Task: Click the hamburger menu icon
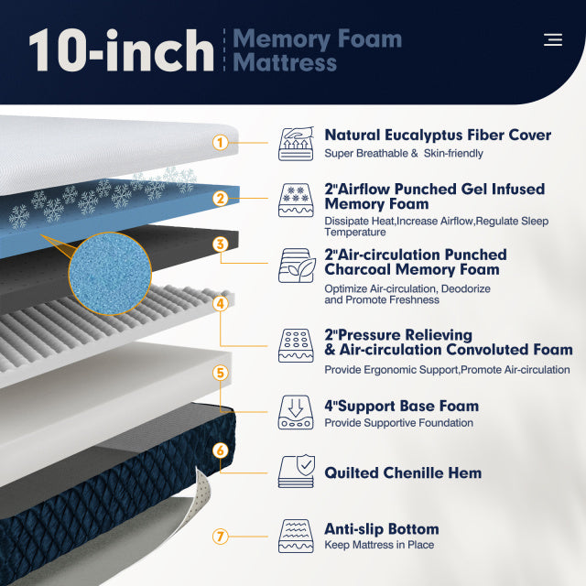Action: click(552, 39)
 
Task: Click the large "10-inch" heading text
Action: click(121, 51)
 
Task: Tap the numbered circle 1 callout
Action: click(220, 143)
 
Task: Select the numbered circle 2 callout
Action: click(220, 198)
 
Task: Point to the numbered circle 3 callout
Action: click(220, 244)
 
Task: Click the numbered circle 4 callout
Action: click(220, 302)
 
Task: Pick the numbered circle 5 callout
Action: click(220, 373)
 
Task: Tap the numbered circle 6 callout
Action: click(220, 450)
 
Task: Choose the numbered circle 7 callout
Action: click(220, 537)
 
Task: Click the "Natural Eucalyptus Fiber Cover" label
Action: click(438, 136)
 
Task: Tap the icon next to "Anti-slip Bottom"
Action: click(297, 537)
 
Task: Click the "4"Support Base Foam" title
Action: click(401, 406)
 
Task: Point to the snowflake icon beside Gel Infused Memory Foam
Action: click(297, 199)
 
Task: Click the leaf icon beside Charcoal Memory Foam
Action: click(297, 265)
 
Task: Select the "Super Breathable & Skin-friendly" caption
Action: click(404, 154)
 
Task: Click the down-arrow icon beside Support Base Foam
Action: click(297, 412)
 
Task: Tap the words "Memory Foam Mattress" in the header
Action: click(317, 51)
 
